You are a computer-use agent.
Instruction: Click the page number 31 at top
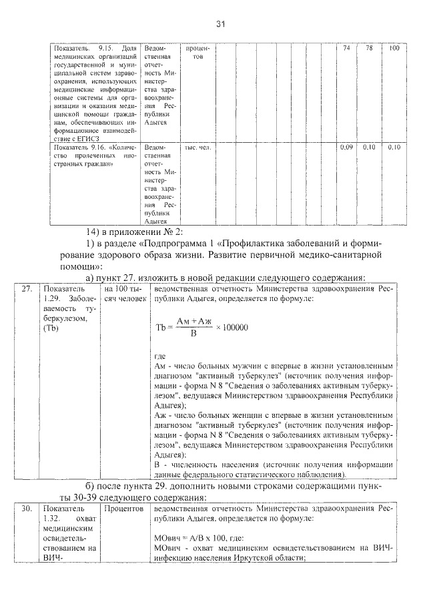(221, 24)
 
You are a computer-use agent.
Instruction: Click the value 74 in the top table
(346, 49)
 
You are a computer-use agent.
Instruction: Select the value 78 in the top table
(369, 49)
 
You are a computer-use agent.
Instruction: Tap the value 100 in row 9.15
(394, 49)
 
